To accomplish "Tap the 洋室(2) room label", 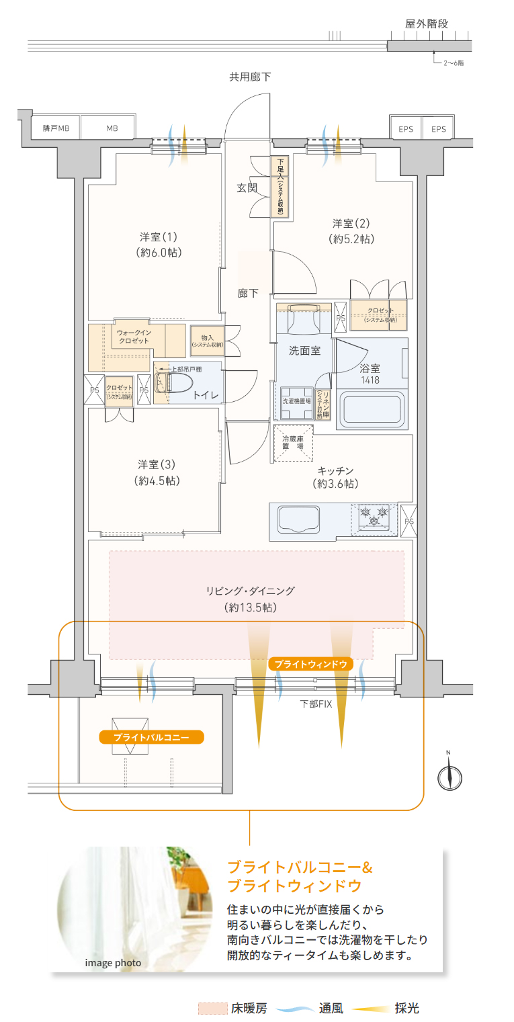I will tap(351, 230).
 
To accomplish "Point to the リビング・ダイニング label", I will tap(251, 599).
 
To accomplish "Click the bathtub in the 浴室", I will tap(373, 408).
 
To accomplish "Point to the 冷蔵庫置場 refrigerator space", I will tap(293, 443).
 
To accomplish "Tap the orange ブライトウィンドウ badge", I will tap(310, 664).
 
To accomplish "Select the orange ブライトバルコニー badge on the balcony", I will tap(151, 737).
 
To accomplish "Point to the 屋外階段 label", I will tap(427, 24).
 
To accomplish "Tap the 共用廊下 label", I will tap(250, 77).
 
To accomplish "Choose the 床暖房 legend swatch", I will tap(212, 1009).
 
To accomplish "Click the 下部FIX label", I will tap(316, 704).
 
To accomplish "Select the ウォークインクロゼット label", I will tap(134, 337).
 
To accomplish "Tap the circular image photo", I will tap(121, 907).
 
